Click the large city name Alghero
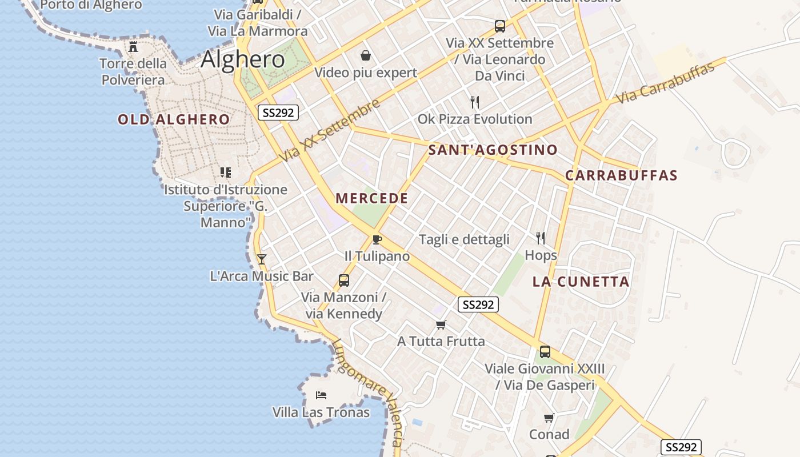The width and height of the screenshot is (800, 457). point(243,59)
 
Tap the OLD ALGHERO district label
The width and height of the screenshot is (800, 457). point(174,119)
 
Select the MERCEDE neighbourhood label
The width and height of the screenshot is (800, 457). point(372,199)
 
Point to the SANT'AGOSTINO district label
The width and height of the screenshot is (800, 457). point(493,150)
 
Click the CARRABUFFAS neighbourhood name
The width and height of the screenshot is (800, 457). point(621,175)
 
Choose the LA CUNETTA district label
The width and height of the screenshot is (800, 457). point(581,282)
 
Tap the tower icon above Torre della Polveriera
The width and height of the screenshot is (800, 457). point(134,46)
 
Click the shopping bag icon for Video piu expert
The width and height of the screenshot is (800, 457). point(366,55)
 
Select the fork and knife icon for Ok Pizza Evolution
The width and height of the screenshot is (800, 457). point(475,102)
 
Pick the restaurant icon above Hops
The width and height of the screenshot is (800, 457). point(541,238)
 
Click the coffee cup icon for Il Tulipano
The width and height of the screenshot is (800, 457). point(377,239)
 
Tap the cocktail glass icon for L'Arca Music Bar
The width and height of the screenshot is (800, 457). point(262,259)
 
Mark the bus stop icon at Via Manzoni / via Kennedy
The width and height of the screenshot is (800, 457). point(344,280)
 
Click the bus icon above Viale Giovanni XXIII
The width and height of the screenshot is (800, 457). point(545,352)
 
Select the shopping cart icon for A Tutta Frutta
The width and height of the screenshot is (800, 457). point(441,324)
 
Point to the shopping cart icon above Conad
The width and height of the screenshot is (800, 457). point(549,418)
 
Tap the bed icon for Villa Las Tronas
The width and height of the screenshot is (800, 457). point(321,395)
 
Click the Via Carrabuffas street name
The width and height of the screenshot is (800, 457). point(665,83)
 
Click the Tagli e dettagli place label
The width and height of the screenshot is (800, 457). point(464,239)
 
